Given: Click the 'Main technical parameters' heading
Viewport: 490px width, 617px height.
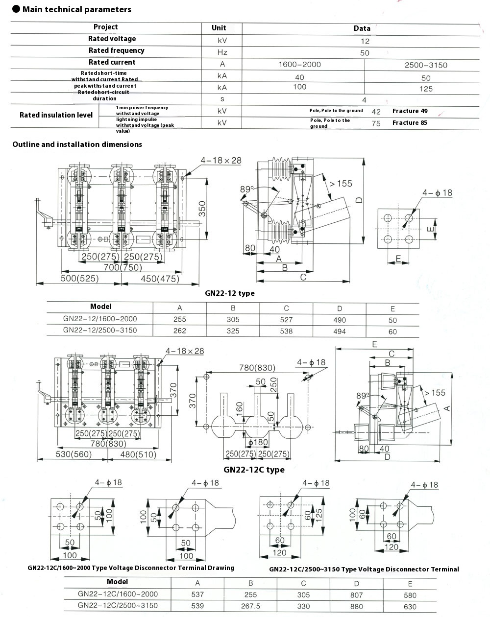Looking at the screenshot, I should tap(77, 9).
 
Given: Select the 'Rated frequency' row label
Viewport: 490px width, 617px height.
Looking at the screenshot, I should tap(116, 50).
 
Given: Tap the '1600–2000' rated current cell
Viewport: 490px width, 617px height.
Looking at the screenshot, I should tap(299, 65).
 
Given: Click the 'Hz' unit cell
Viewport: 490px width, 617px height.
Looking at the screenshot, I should tap(222, 52).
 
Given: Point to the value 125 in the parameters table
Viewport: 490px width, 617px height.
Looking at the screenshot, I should tap(426, 89).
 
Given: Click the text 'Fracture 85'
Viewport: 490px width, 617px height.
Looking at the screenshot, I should tap(410, 122).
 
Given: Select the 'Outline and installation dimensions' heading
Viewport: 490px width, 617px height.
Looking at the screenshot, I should tap(77, 144).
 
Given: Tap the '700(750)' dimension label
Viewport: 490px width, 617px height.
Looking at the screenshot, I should tap(122, 267).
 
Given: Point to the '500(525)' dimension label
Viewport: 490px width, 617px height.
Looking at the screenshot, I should tap(79, 279).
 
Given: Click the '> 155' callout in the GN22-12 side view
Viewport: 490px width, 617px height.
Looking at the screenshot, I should tap(341, 184).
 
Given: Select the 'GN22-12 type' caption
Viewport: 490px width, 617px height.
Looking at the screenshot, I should tap(230, 293).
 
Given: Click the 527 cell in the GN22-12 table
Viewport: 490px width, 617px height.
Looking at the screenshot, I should tap(286, 320).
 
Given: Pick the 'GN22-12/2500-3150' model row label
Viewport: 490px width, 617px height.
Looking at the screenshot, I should tap(100, 330).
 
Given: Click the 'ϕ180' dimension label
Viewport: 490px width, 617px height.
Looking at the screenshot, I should tap(258, 443).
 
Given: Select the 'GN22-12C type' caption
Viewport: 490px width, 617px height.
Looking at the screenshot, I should tap(254, 470).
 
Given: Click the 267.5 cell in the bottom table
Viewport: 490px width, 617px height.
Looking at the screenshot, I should tap(250, 606).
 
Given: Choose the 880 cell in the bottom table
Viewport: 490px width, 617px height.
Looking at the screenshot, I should tap(357, 606).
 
